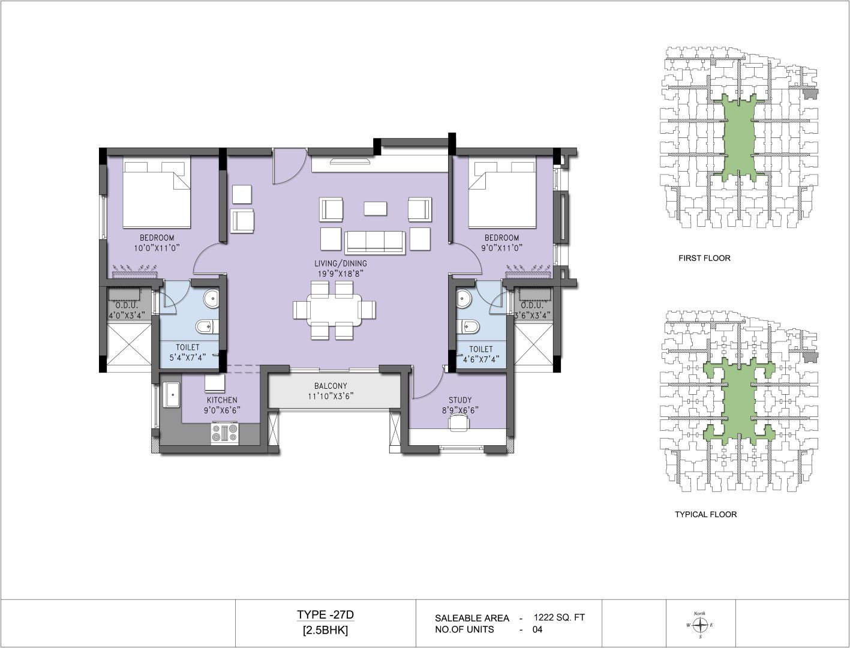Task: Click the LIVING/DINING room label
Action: [340, 263]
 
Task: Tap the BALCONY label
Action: [331, 386]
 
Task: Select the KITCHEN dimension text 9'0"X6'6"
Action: [222, 410]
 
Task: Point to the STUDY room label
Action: [460, 400]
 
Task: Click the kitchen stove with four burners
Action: [224, 433]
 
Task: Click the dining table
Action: [334, 310]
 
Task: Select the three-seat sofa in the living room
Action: [375, 242]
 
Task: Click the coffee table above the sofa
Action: [376, 208]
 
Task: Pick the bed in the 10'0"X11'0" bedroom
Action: [157, 192]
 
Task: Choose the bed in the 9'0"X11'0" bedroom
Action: [502, 192]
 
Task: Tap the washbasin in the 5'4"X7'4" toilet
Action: [211, 299]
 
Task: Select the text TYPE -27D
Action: [325, 615]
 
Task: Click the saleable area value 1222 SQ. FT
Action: [559, 617]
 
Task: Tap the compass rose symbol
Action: [700, 625]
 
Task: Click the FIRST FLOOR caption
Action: [704, 258]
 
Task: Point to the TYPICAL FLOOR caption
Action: [706, 514]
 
